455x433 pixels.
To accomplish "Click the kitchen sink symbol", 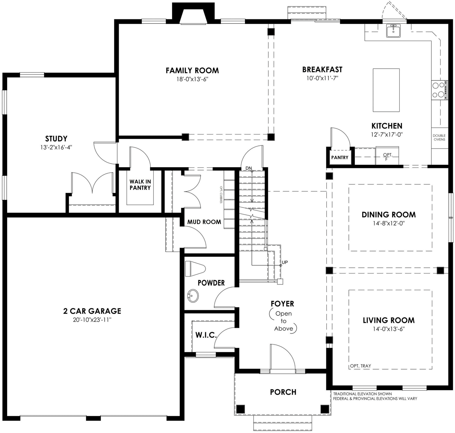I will point(393,31).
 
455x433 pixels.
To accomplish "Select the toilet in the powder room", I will point(194,269).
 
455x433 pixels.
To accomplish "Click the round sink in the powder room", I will point(193,296).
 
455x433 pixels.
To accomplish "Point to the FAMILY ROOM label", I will point(192,71).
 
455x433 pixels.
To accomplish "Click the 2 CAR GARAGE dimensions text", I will point(92,320).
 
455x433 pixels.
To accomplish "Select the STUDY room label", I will point(56,139).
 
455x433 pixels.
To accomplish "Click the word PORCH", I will point(283,392).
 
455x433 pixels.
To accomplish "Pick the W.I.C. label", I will point(206,335).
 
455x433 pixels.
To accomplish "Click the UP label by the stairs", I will point(285,262).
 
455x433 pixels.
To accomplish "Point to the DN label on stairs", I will point(249,168).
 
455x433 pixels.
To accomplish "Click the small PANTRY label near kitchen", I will point(339,157).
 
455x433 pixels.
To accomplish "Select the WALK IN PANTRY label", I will point(140,185).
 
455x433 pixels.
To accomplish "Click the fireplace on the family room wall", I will point(193,15).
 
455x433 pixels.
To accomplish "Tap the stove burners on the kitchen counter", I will point(438,90).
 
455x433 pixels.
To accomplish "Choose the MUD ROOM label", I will point(204,222).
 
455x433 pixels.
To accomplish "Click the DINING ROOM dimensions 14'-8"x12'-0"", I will point(388,224).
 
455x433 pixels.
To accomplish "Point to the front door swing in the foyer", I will point(282,357).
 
